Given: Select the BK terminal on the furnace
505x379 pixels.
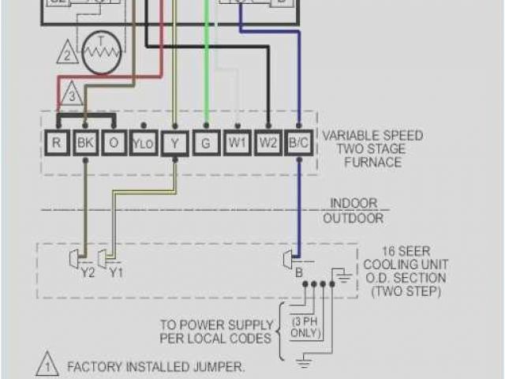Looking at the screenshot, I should click(84, 144).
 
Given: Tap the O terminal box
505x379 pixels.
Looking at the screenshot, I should click(114, 144).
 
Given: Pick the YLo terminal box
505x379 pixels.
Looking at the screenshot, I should click(143, 144).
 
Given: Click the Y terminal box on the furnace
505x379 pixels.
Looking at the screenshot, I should click(175, 144).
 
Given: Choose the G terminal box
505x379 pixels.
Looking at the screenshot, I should click(206, 144).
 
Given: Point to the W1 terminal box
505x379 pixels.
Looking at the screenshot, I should click(237, 144).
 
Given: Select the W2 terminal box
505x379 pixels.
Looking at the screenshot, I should click(269, 144).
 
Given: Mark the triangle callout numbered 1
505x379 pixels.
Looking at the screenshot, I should click(47, 366).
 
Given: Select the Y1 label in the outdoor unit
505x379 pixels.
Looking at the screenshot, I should click(116, 273).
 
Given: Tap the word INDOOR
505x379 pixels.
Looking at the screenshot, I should click(353, 203).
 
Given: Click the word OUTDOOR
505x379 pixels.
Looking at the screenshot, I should click(353, 218).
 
